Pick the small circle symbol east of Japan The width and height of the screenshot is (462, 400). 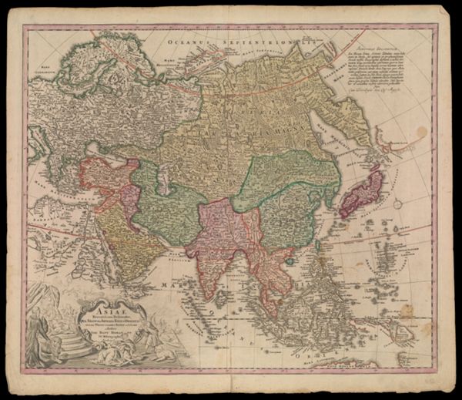(x=397, y=205)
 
